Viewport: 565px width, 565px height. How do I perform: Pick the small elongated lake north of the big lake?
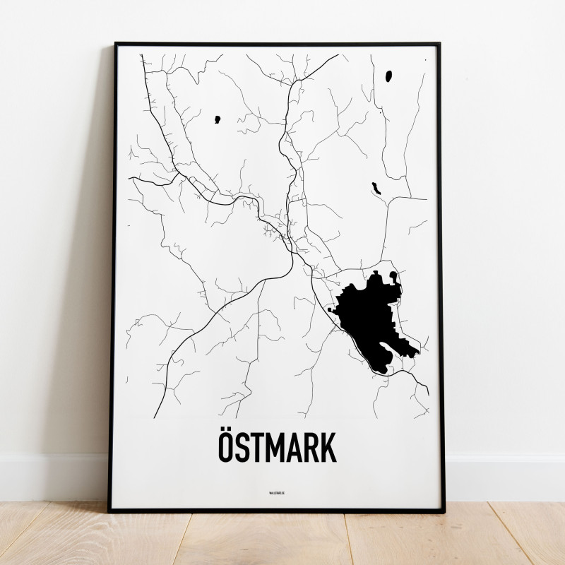coord(377,189)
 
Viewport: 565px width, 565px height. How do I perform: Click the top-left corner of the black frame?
coord(114,44)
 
